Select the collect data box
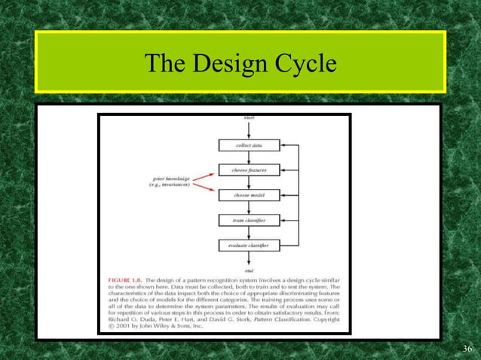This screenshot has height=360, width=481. tap(249, 145)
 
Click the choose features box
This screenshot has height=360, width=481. tap(249, 169)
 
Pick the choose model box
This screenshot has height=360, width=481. tap(249, 195)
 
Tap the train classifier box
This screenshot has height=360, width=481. tap(249, 221)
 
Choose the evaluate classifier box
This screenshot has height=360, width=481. tap(249, 246)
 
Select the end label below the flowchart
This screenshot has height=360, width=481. tap(249, 270)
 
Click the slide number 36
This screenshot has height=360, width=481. tap(464, 347)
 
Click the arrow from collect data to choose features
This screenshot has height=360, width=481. tap(249, 157)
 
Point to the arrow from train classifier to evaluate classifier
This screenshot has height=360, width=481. tap(249, 233)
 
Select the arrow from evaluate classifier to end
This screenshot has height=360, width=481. tap(249, 258)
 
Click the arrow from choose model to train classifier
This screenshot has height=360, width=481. tap(249, 208)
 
